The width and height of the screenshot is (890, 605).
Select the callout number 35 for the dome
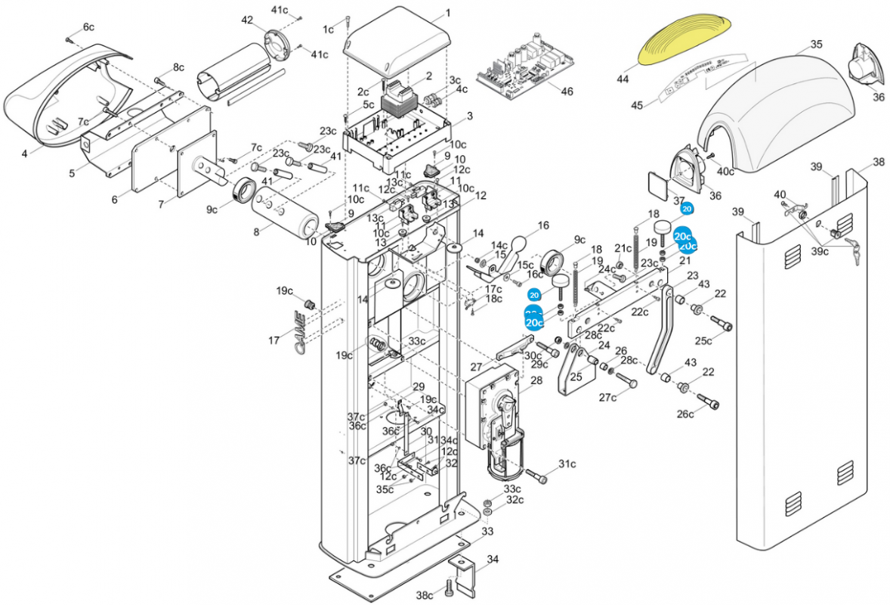click(x=816, y=45)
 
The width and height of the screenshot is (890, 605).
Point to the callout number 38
click(x=878, y=162)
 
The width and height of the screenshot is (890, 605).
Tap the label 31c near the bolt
click(x=567, y=464)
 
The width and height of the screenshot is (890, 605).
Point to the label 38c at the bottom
click(x=425, y=595)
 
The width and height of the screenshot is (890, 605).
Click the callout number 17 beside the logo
click(x=273, y=341)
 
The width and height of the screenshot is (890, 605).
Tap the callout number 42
click(x=247, y=20)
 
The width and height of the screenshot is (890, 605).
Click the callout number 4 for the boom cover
click(x=24, y=154)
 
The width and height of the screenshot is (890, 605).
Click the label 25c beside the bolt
click(x=704, y=341)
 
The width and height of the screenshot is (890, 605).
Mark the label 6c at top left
click(x=88, y=27)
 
